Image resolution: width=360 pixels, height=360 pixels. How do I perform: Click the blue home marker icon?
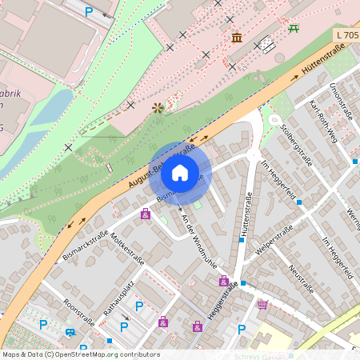coord(180,173)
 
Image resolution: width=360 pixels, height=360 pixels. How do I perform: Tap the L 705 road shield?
coord(346,36)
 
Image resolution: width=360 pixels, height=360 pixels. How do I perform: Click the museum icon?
coord(237,38)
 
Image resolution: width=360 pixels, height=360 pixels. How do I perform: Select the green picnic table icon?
coord(294,28)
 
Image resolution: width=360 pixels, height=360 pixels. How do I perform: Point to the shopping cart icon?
coord(262,304)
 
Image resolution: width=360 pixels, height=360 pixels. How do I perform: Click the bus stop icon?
coord(71,333)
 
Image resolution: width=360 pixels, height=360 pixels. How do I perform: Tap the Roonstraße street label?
coord(79,313)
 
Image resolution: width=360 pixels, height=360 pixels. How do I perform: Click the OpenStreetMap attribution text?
coord(80,354)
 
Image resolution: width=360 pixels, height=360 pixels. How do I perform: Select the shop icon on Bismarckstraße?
coord(145,214)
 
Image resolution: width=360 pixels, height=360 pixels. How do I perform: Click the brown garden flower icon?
coord(157,107)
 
